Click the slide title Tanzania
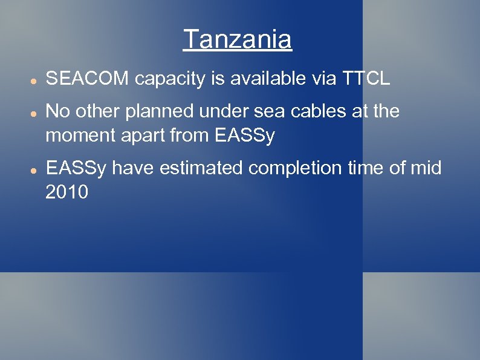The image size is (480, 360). (237, 40)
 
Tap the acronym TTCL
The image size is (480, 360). (366, 78)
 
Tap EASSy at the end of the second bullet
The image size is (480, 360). (245, 136)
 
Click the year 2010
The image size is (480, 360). (66, 192)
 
